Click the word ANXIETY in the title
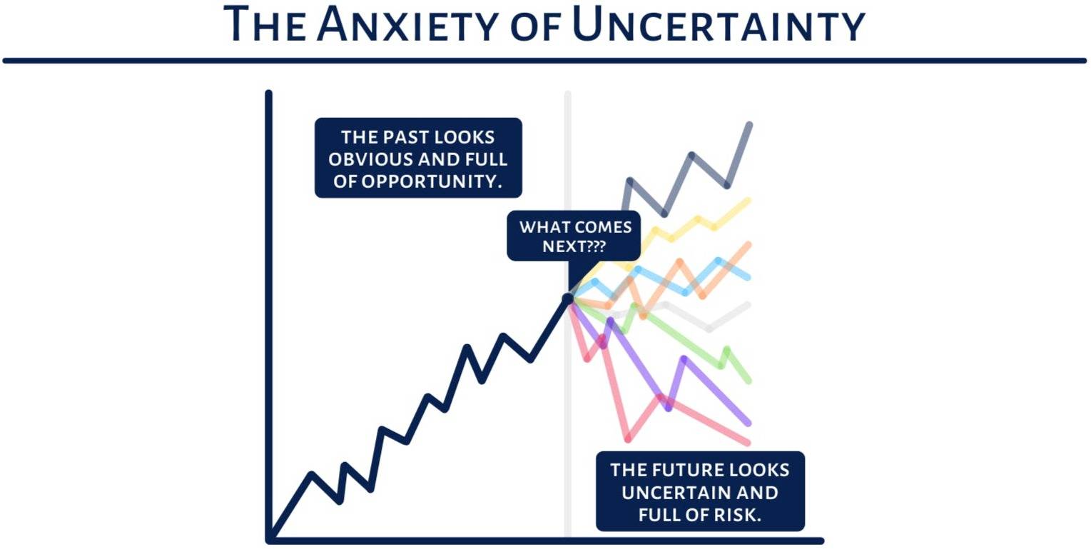(x=407, y=24)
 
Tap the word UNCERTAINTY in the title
(x=719, y=24)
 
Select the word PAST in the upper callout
(x=405, y=138)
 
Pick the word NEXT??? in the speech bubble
(x=574, y=247)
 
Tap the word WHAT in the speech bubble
(x=542, y=227)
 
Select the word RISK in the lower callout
(x=736, y=515)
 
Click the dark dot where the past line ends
(x=568, y=298)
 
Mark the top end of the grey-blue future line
(x=750, y=125)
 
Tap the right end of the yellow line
(x=749, y=200)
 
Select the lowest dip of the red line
(x=628, y=439)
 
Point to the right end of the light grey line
(x=749, y=305)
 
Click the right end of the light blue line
(x=749, y=278)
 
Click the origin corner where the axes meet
(x=269, y=541)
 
